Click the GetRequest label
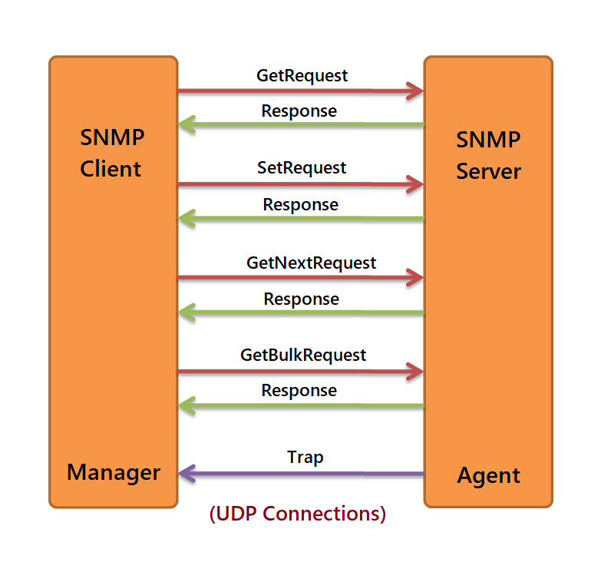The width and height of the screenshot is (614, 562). coord(302,76)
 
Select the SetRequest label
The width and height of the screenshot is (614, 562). coord(302,168)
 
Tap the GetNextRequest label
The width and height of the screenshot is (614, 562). coord(312,263)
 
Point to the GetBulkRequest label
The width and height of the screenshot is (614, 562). coord(303,355)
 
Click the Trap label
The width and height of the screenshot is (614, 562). coord(305,458)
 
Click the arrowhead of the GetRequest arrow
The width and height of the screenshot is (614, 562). coord(415,91)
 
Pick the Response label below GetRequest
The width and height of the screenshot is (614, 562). coord(299,111)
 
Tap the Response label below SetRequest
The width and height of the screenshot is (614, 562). coord(300,205)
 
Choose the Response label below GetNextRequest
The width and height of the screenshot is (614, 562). coord(301,299)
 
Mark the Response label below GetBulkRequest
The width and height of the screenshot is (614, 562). coord(299,391)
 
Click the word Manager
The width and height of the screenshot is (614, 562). coord(114,473)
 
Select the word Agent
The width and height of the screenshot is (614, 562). coord(488,476)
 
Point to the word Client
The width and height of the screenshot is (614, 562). coord(111,169)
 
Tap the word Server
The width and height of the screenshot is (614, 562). coord(488,171)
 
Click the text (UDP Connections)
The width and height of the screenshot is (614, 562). coord(298,514)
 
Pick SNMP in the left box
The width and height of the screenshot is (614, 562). coord(112,137)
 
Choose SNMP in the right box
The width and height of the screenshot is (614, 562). coord(488,140)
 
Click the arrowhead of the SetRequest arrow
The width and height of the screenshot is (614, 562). coord(415,184)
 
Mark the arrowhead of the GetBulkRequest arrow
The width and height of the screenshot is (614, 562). coord(415,372)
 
